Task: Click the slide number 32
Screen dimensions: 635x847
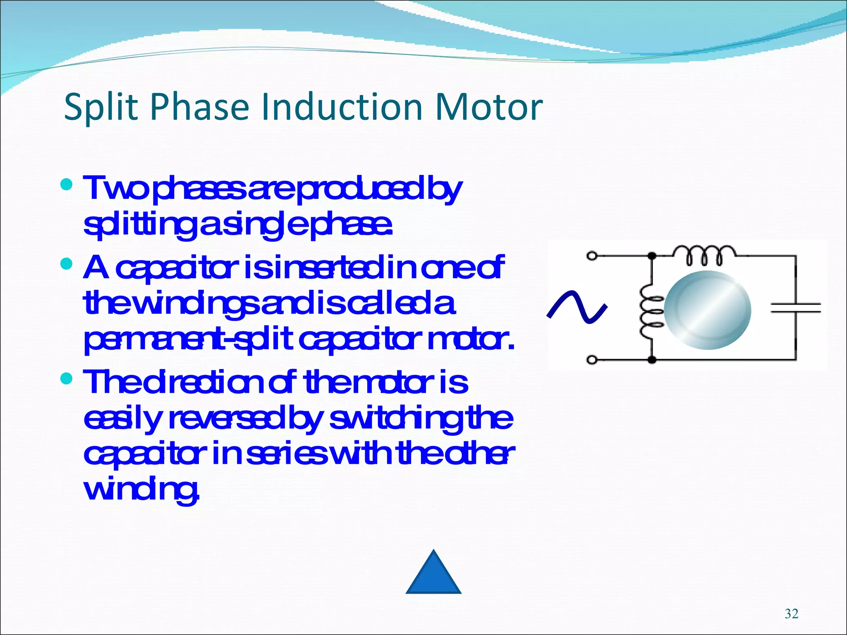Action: (791, 614)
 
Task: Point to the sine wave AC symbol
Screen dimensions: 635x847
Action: (577, 306)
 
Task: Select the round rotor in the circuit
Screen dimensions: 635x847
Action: (708, 310)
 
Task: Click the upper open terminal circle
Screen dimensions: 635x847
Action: (592, 256)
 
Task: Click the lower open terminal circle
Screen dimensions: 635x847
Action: (592, 360)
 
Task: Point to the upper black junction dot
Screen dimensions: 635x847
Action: (652, 256)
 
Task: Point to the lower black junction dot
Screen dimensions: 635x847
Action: (652, 360)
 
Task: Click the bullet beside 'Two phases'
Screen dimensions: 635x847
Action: (66, 184)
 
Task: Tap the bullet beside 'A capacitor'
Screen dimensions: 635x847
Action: (66, 263)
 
